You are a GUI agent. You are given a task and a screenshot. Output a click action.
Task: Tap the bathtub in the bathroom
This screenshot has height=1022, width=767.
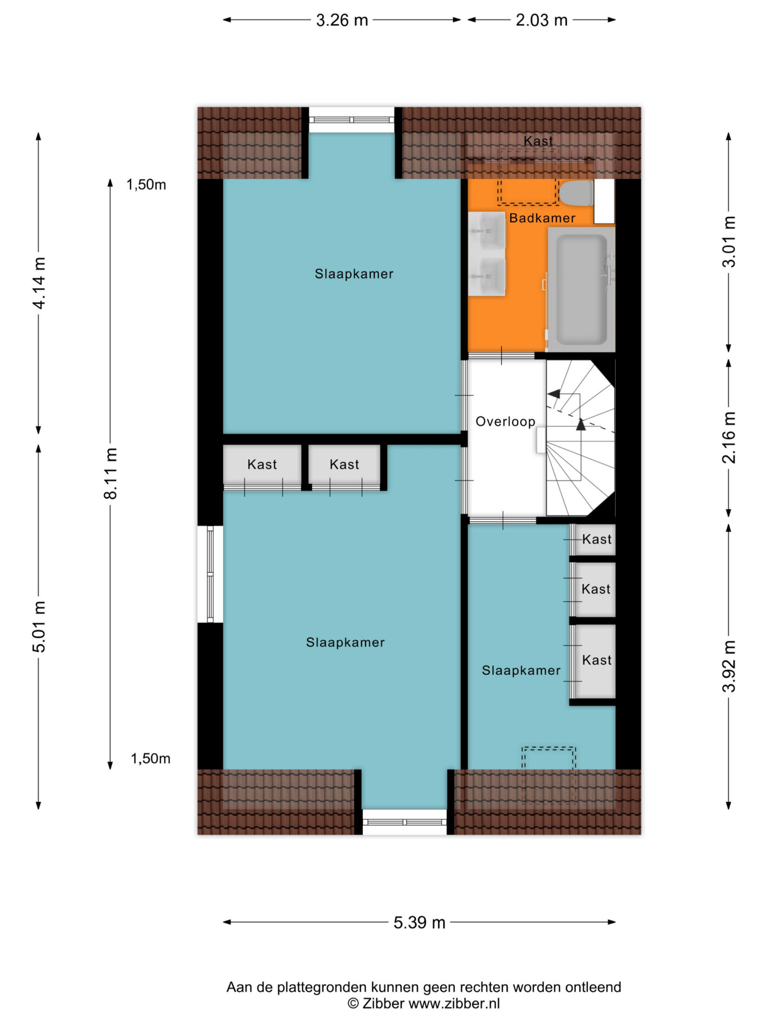coord(582,289)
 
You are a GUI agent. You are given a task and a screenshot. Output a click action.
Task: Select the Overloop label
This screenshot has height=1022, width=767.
coord(505,421)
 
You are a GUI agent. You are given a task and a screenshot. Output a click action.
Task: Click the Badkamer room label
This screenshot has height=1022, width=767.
coord(542,218)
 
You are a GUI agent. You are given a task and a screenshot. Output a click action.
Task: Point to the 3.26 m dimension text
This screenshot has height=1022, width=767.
coord(342,20)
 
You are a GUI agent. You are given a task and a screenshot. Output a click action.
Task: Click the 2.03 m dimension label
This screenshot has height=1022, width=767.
coord(542,20)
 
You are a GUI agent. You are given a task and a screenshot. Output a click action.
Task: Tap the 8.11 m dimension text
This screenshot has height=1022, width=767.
coord(111,473)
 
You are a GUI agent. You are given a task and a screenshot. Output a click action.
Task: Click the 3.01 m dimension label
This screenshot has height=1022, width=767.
coord(729,242)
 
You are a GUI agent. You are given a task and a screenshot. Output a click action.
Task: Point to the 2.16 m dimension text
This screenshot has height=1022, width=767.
coord(729,438)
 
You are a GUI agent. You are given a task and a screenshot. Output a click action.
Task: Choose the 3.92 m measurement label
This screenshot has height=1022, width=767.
coord(729,666)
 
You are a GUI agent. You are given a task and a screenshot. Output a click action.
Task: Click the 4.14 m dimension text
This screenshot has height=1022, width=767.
coord(39,283)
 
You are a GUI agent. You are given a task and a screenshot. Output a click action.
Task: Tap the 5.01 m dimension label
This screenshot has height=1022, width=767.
coord(39,627)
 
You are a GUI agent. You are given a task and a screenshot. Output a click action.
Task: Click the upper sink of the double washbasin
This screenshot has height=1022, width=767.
coord(487,231)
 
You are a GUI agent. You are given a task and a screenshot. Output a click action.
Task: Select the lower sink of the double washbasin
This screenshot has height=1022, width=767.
coord(487,277)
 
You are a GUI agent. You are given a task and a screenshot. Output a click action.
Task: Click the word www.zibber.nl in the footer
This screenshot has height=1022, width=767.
coord(454,1003)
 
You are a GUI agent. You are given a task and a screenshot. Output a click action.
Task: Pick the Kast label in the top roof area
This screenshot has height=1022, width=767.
coord(538,141)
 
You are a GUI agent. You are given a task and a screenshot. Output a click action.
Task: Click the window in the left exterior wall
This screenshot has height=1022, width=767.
coord(210,574)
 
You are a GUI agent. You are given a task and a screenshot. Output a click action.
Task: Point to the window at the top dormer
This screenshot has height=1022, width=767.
coord(352,120)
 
